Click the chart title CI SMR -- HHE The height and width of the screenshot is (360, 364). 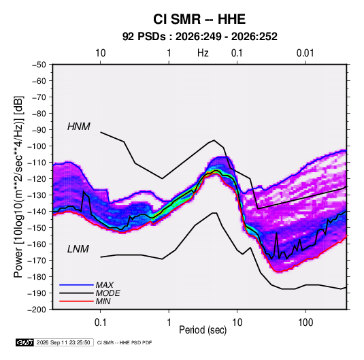199,19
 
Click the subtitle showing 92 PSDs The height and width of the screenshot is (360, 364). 199,37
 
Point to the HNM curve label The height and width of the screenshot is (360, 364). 79,127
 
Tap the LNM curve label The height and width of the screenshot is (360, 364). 78,249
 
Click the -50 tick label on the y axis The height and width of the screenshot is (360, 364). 39,65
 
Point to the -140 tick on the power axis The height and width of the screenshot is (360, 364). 37,212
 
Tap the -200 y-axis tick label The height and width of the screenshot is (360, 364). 37,310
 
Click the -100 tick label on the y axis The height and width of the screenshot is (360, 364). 37,146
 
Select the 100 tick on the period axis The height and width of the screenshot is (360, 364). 305,323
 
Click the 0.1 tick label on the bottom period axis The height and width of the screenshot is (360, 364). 100,323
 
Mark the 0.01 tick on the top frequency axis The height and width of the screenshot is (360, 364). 305,53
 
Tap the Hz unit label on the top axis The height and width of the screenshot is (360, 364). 203,53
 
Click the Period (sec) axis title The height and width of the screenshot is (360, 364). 203,330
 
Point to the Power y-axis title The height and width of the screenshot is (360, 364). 18,186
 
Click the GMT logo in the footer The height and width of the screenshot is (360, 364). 25,342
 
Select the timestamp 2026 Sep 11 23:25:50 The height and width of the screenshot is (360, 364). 63,342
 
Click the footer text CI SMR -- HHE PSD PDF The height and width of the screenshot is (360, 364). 125,342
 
